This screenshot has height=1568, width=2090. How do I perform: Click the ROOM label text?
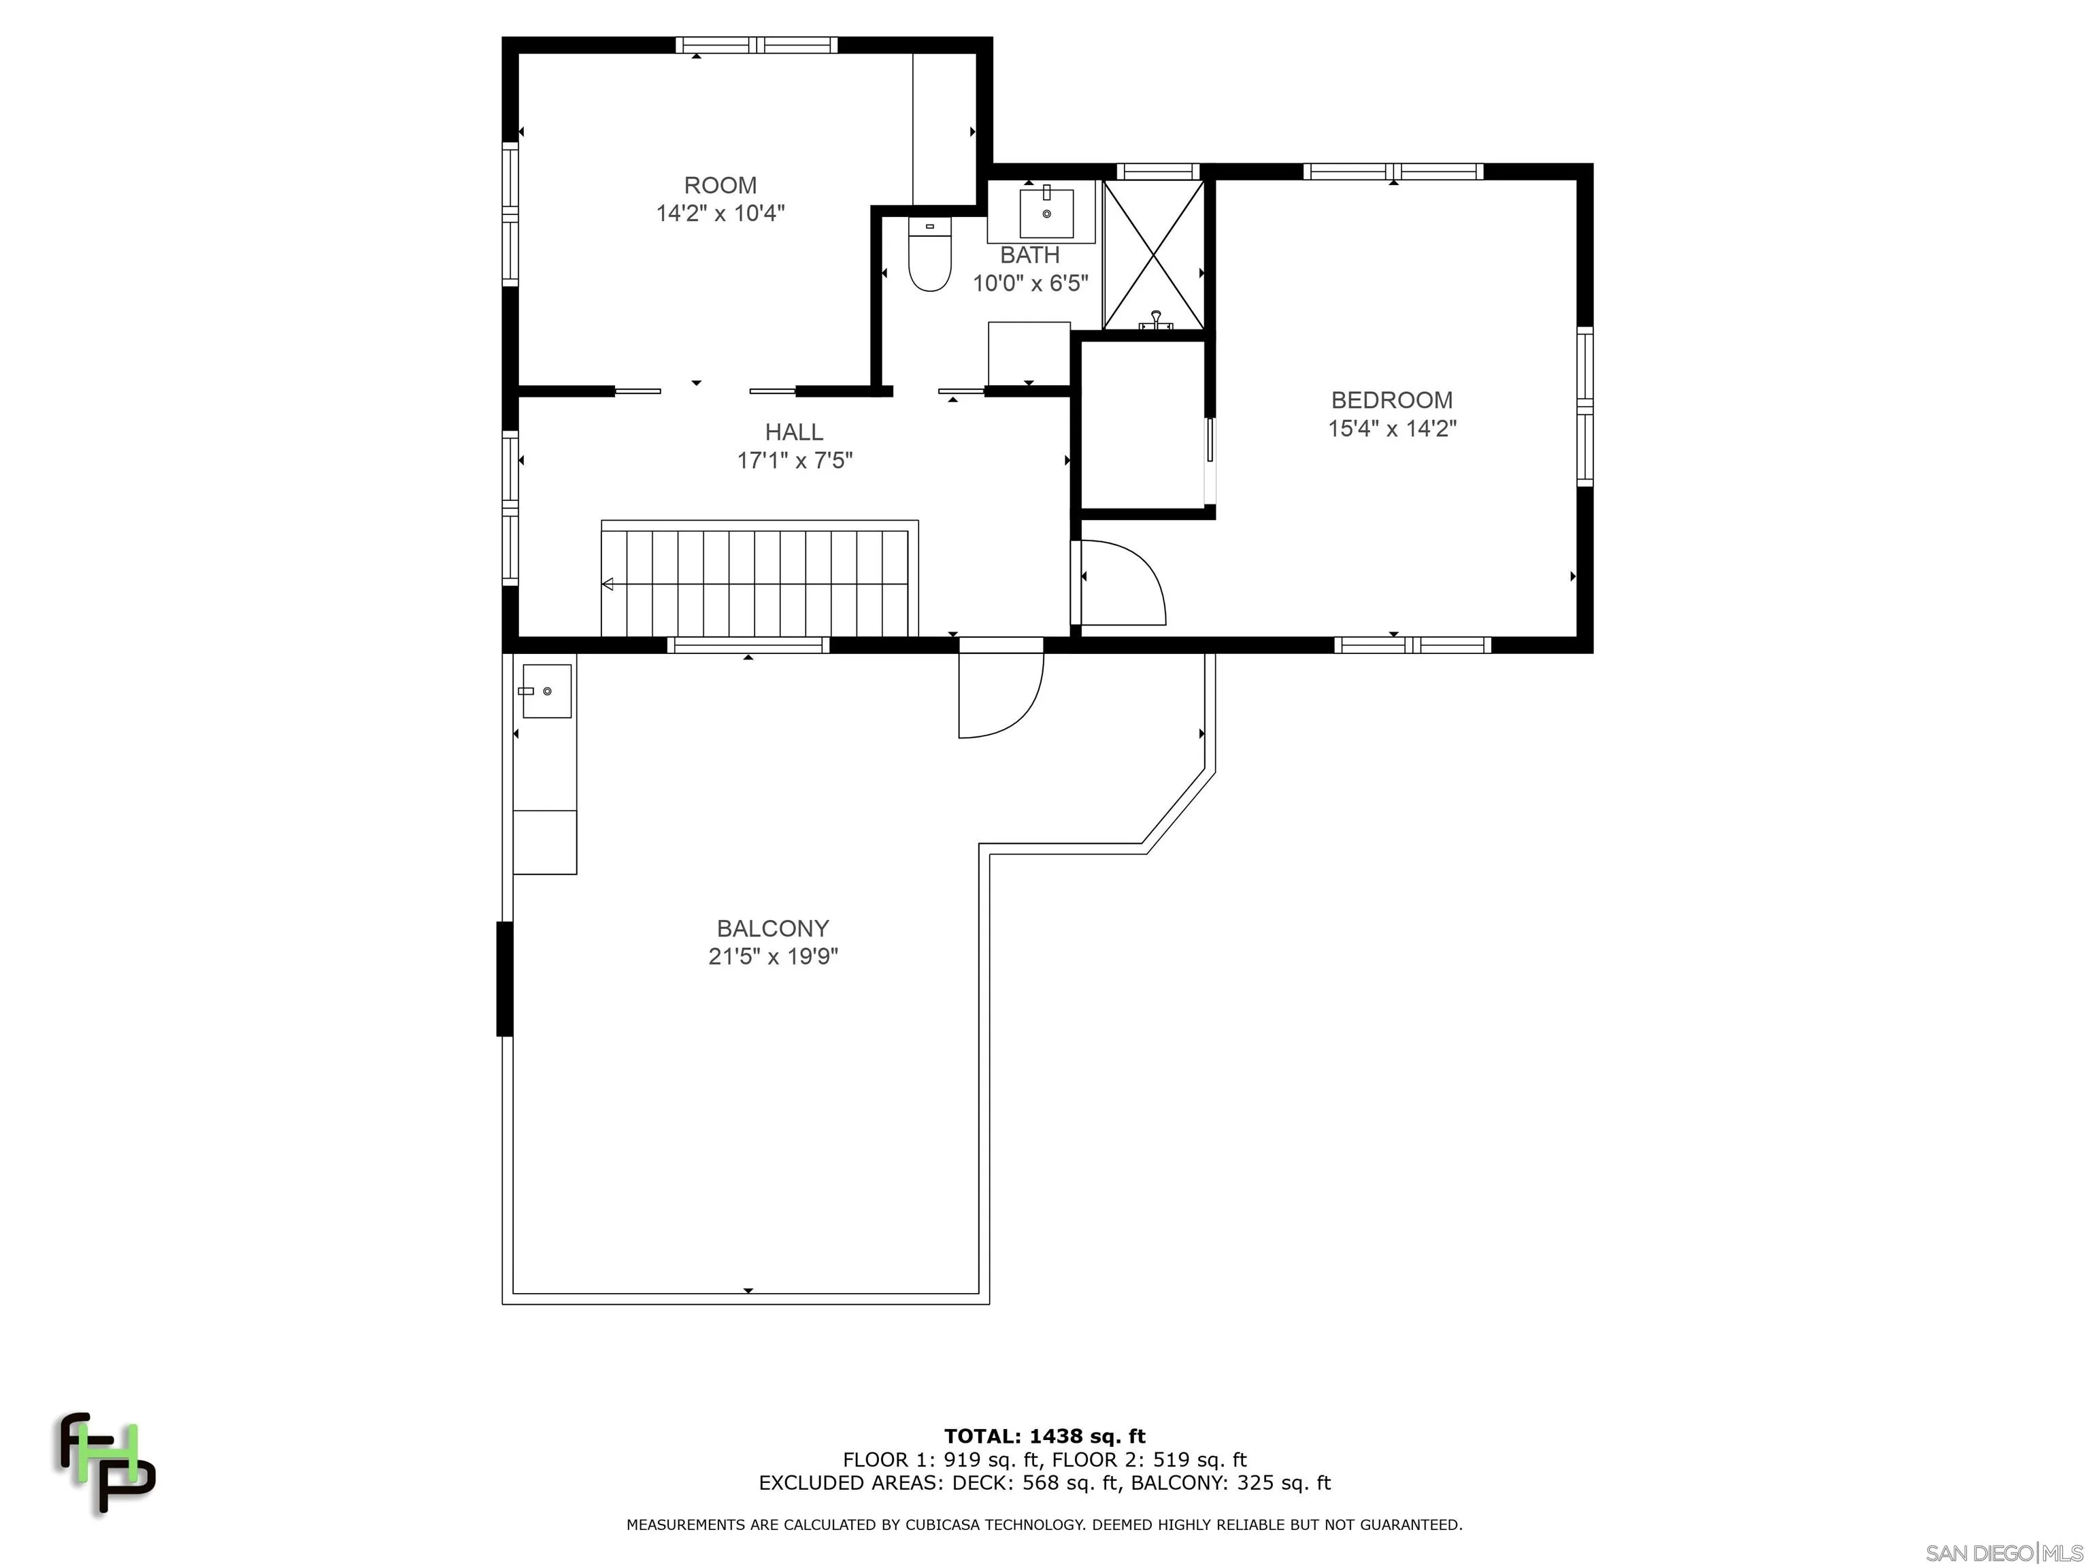(720, 185)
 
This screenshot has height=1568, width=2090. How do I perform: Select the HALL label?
(794, 432)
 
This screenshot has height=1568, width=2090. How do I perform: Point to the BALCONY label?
(772, 928)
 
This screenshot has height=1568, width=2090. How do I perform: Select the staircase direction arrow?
(608, 584)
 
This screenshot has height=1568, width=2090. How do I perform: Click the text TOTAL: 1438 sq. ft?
(1044, 1437)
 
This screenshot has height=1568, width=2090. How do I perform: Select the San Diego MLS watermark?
(2003, 1553)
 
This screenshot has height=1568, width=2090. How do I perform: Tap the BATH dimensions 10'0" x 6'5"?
(1030, 282)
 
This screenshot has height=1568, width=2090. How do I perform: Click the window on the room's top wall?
(757, 44)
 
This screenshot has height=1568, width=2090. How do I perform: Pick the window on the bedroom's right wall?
(1585, 406)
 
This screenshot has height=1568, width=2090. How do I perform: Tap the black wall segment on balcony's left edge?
(505, 978)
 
